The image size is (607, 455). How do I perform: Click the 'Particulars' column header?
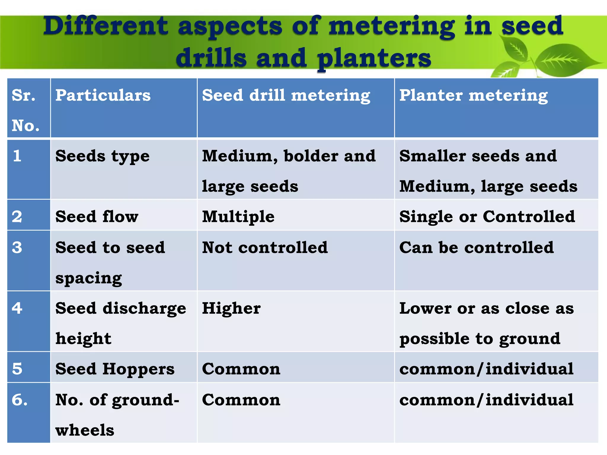pyautogui.click(x=103, y=95)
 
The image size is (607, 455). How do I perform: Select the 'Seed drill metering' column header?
pyautogui.click(x=286, y=96)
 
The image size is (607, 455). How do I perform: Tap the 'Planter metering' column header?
pyautogui.click(x=473, y=96)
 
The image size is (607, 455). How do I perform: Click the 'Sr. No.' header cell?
pyautogui.click(x=25, y=110)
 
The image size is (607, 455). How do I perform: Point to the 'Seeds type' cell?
pyautogui.click(x=103, y=156)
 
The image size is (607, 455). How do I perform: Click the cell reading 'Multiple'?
pyautogui.click(x=238, y=217)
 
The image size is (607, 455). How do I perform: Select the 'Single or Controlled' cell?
pyautogui.click(x=487, y=217)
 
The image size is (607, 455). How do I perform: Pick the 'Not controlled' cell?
pyautogui.click(x=265, y=247)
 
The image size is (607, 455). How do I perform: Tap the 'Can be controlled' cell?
pyautogui.click(x=476, y=247)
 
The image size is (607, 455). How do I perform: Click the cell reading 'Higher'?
pyautogui.click(x=231, y=308)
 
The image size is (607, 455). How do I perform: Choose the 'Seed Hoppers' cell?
pyautogui.click(x=115, y=369)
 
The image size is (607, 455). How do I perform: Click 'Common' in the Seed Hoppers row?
pyautogui.click(x=241, y=369)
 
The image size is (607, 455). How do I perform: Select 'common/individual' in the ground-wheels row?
pyautogui.click(x=486, y=400)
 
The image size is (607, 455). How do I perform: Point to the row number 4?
pyautogui.click(x=17, y=308)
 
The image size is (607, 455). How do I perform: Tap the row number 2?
pyautogui.click(x=17, y=217)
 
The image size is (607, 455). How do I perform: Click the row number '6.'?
pyautogui.click(x=20, y=400)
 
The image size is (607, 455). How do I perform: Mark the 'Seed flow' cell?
pyautogui.click(x=97, y=217)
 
